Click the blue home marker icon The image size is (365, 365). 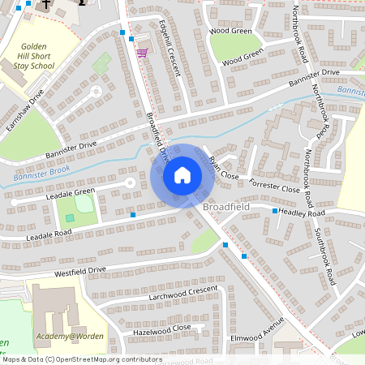[x=182, y=174]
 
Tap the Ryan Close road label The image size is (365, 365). [x=225, y=168]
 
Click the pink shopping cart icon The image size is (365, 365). [x=143, y=53]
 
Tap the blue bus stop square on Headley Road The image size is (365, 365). [x=275, y=211]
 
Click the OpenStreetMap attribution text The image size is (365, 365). [x=81, y=359]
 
